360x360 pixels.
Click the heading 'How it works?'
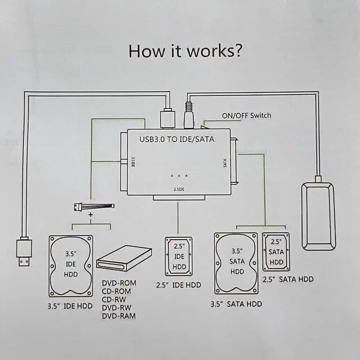pos(185,51)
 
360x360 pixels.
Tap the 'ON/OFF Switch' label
pos(246,116)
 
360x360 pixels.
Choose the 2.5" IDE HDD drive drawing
pos(178,256)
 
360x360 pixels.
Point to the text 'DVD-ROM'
pos(119,283)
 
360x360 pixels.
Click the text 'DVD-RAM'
pos(119,316)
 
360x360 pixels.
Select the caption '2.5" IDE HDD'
pos(178,285)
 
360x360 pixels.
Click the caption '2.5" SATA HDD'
pos(288,280)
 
